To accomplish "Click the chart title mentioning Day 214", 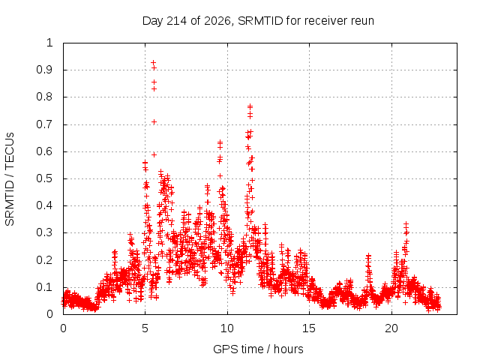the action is tap(258, 21).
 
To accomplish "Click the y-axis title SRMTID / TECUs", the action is tap(10, 179).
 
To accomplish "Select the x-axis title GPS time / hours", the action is tap(258, 349).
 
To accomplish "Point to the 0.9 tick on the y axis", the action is tap(44, 70).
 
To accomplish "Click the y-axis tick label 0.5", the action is tap(44, 178).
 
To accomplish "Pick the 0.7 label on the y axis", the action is tap(44, 124).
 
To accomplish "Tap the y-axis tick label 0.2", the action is tap(44, 260).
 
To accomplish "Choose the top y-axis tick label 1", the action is tap(49, 43).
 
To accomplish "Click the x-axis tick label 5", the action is tap(145, 328).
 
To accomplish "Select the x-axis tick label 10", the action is tap(226, 328).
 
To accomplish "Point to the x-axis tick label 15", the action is tap(308, 328).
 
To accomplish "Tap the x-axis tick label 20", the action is tap(391, 328).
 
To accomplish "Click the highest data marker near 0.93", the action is tap(153, 62).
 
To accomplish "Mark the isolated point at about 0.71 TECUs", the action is tap(154, 121).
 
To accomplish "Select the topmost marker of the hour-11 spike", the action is tap(250, 106).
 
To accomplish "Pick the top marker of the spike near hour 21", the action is tap(406, 224).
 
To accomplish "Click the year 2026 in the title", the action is tap(217, 21).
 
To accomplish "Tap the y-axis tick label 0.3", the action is tap(44, 232).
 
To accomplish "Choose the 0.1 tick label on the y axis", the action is tap(44, 287).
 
